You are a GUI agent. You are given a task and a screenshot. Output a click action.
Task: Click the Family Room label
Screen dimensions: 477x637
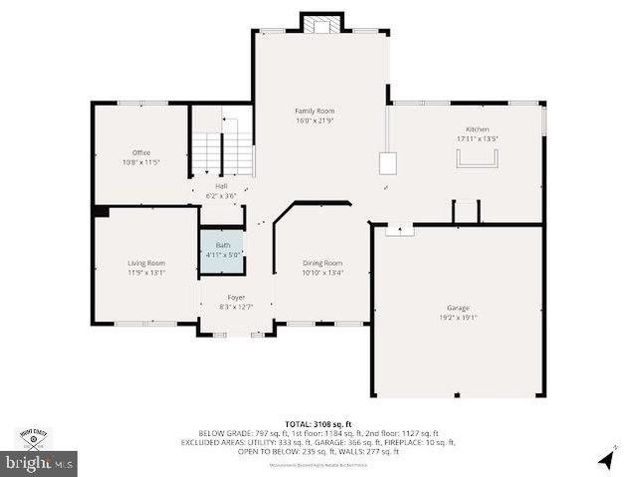pyautogui.click(x=314, y=111)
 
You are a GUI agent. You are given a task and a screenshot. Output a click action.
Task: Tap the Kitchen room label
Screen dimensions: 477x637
pyautogui.click(x=478, y=129)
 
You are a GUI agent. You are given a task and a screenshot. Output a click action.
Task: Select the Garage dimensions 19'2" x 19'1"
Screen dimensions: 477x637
pyautogui.click(x=458, y=318)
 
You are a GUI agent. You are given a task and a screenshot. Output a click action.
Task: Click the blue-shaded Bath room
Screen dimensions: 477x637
pyautogui.click(x=221, y=249)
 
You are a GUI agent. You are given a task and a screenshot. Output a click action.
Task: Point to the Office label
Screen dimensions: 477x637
pyautogui.click(x=141, y=152)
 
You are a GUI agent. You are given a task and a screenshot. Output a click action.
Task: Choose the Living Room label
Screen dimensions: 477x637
pyautogui.click(x=145, y=262)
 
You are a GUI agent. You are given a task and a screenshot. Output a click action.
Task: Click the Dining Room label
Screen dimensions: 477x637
pyautogui.click(x=322, y=263)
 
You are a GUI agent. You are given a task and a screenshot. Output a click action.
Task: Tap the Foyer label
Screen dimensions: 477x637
pyautogui.click(x=236, y=297)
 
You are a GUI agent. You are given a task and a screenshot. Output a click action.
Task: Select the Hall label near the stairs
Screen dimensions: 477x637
pyautogui.click(x=221, y=186)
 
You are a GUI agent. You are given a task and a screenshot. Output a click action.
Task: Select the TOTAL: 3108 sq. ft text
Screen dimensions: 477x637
pyautogui.click(x=318, y=424)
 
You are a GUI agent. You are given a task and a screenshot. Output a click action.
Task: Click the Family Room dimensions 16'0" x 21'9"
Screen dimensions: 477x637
pyautogui.click(x=314, y=120)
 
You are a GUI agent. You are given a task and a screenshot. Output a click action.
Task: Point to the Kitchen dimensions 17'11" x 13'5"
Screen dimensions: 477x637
pyautogui.click(x=478, y=139)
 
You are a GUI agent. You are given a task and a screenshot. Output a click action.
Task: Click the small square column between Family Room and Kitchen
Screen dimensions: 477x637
pyautogui.click(x=387, y=163)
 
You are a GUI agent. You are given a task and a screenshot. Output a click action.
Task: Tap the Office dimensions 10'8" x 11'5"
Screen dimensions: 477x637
pyautogui.click(x=141, y=162)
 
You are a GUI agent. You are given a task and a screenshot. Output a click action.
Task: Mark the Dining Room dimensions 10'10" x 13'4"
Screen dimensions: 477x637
pyautogui.click(x=322, y=273)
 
